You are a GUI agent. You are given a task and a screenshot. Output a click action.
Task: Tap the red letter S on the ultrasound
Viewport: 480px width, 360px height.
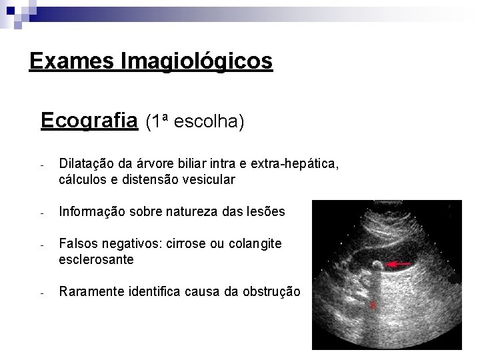373,307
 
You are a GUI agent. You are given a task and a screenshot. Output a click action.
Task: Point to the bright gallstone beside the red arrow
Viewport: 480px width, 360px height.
377,265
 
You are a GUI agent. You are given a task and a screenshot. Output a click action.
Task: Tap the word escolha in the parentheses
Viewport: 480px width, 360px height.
209,121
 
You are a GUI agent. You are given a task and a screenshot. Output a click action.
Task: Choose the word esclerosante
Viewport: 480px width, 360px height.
97,260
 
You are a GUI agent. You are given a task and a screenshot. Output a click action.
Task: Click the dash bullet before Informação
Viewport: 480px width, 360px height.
41,213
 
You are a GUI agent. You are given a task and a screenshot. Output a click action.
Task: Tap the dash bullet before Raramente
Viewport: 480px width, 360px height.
41,293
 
